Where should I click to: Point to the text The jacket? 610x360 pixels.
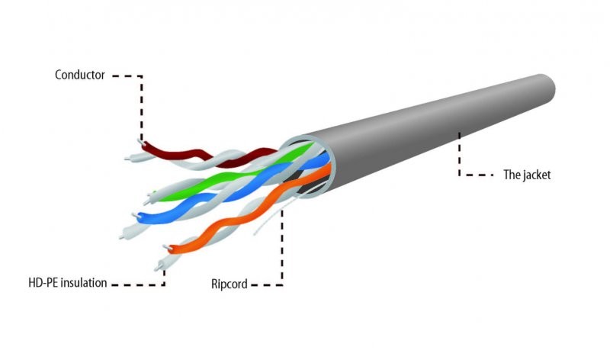point(526,175)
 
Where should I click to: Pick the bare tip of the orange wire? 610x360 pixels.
point(165,247)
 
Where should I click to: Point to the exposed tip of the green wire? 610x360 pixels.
point(155,191)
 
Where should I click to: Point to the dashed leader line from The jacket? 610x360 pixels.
point(460,156)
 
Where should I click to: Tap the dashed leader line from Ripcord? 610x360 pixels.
point(282,252)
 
